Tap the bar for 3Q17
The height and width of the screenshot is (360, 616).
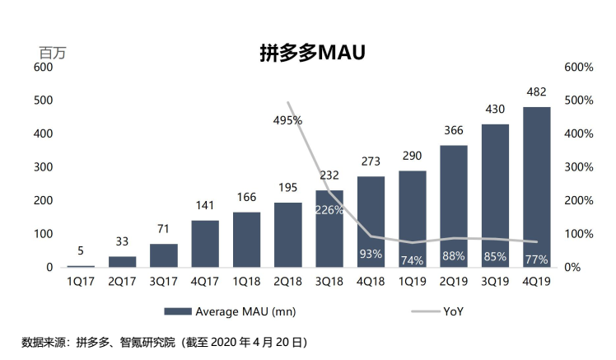coord(164,255)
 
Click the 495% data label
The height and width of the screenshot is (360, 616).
coord(287,120)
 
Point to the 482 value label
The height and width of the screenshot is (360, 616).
coord(536,91)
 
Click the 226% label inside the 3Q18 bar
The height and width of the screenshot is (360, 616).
coord(329,209)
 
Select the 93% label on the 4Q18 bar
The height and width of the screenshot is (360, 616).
coord(371,254)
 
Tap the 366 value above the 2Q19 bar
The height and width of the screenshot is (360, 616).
coord(453,129)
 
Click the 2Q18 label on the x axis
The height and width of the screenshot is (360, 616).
coord(287,281)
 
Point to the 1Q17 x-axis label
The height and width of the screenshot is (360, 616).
coord(80,281)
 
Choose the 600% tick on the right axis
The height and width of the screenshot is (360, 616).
coord(577,67)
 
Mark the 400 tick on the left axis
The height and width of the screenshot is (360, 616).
coord(44,133)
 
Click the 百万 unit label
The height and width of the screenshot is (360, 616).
coord(52,51)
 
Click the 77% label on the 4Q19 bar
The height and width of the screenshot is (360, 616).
coord(536,260)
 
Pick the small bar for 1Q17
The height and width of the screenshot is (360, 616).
coord(80,266)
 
